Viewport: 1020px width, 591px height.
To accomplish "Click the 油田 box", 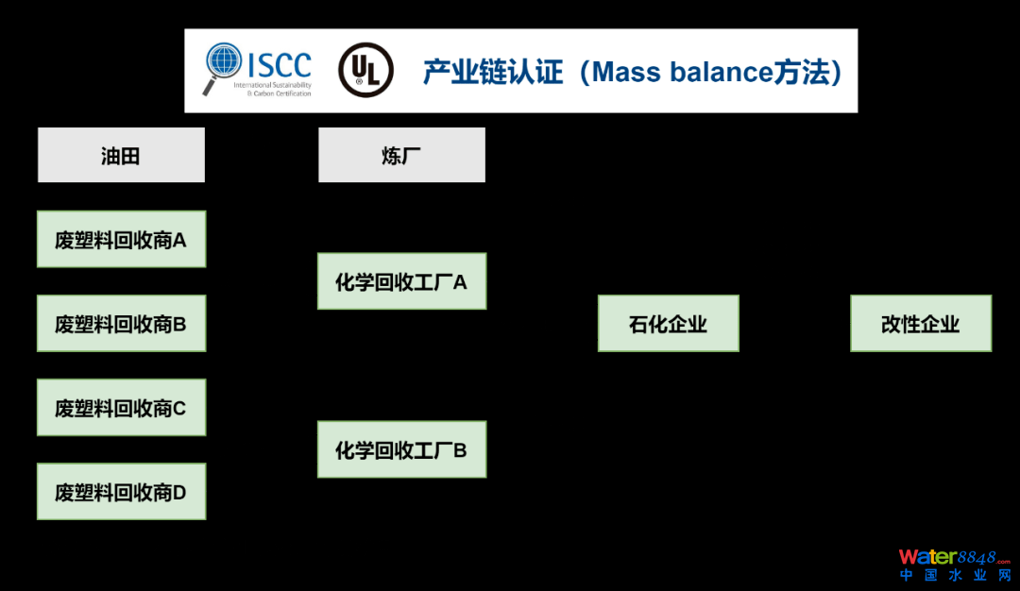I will click(x=121, y=156).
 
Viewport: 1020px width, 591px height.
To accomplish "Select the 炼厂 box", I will click(x=401, y=156).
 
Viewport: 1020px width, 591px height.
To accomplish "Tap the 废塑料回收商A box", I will click(x=121, y=240).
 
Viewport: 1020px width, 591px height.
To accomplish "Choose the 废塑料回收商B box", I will click(x=121, y=324).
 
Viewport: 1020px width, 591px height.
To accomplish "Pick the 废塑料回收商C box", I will click(x=121, y=408).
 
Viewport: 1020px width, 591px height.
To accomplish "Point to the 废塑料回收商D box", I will click(x=121, y=492).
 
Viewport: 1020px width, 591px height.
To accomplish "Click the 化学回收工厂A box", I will click(x=401, y=281).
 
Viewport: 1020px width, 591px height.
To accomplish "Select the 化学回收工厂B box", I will click(x=401, y=449).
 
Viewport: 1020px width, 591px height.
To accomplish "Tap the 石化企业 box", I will click(x=668, y=324).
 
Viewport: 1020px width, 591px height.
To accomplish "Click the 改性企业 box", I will click(x=921, y=324).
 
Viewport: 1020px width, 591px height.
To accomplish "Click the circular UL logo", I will click(x=365, y=70).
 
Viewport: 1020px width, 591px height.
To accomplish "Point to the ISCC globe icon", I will click(x=224, y=63).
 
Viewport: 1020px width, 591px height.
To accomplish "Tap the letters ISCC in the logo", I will click(x=279, y=64).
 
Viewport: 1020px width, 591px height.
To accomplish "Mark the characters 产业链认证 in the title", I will click(x=493, y=72).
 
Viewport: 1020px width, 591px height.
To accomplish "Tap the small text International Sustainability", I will click(x=279, y=85).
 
